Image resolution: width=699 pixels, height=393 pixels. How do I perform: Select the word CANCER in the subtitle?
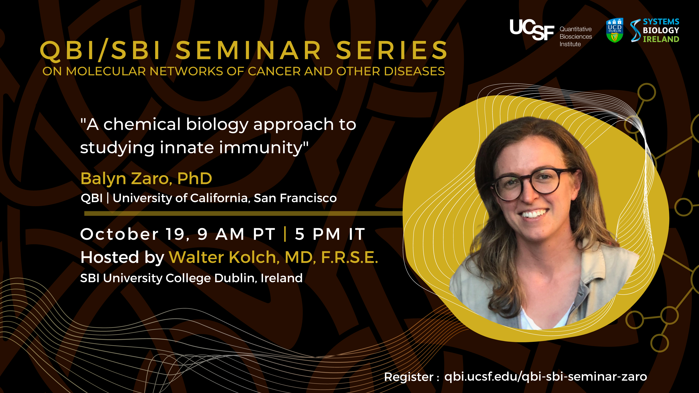click(274, 71)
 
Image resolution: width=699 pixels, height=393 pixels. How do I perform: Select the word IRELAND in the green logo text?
click(661, 39)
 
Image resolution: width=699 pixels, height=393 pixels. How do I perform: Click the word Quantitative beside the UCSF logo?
click(576, 29)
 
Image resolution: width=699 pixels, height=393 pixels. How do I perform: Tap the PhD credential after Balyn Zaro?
click(195, 179)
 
